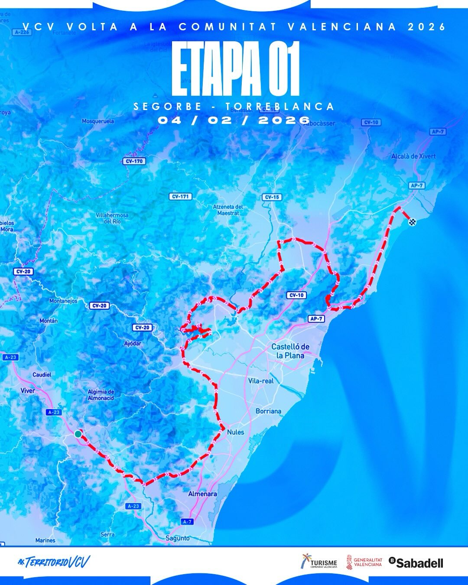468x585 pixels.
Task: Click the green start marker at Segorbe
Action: tap(78, 433)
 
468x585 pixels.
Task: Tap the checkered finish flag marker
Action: tap(412, 222)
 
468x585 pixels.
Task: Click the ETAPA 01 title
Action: tap(235, 69)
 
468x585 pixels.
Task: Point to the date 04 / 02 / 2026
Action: tap(234, 120)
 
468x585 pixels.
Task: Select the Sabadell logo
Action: tap(416, 562)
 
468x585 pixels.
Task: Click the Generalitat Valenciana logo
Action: tap(364, 562)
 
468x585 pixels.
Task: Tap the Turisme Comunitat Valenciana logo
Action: tap(319, 562)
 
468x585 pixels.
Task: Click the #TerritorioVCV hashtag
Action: tap(54, 562)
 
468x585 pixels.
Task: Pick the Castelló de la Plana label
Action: tap(290, 351)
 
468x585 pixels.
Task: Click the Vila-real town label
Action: tap(261, 381)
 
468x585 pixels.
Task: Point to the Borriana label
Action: tap(268, 411)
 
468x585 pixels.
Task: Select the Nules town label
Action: tap(235, 432)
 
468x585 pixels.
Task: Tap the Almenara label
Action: tap(202, 494)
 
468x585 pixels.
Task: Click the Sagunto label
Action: tap(178, 538)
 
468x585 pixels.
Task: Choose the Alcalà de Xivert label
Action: tap(413, 156)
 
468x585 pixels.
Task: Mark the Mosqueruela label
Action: tap(98, 121)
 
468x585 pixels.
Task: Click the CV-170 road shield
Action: tap(134, 161)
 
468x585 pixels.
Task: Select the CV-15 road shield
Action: tap(272, 197)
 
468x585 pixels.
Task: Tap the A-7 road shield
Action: tap(187, 522)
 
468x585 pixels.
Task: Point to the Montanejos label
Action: tap(63, 301)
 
